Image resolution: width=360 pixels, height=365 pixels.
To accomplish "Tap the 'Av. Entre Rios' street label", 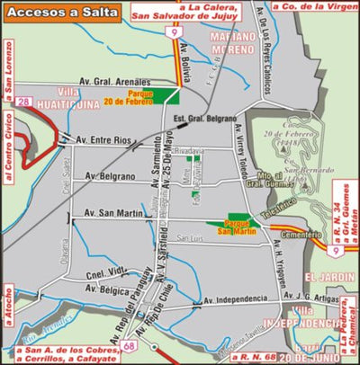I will click(x=103, y=139).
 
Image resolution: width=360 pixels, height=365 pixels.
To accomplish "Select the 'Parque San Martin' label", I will click(x=238, y=225).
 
